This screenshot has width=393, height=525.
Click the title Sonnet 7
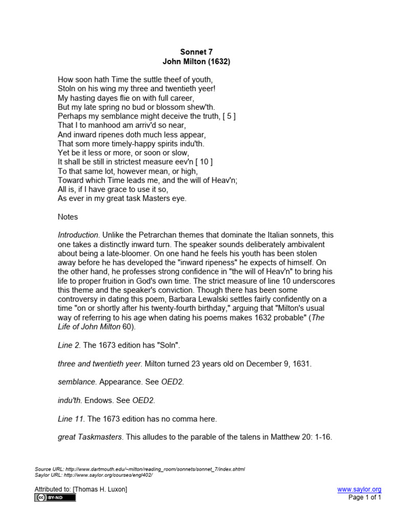(196, 52)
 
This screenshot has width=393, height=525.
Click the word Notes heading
(68, 217)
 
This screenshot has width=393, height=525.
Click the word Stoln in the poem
(67, 89)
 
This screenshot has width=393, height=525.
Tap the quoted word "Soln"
(169, 345)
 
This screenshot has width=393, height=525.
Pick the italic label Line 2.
(69, 345)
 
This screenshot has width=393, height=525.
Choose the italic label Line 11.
(71, 419)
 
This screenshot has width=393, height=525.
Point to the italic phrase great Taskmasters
(90, 437)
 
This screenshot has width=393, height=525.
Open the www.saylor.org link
(359, 490)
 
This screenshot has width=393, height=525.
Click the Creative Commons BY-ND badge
(55, 498)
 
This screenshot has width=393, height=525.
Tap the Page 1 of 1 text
(365, 497)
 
